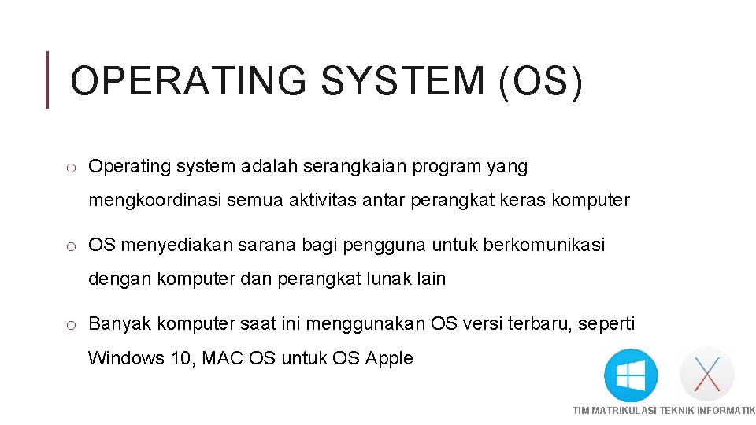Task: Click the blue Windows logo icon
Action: click(630, 375)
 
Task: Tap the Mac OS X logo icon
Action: click(706, 374)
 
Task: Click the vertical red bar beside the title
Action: click(48, 79)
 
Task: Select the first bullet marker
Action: click(70, 168)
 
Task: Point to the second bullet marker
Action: click(70, 246)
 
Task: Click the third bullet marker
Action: click(70, 325)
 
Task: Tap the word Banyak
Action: click(120, 324)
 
